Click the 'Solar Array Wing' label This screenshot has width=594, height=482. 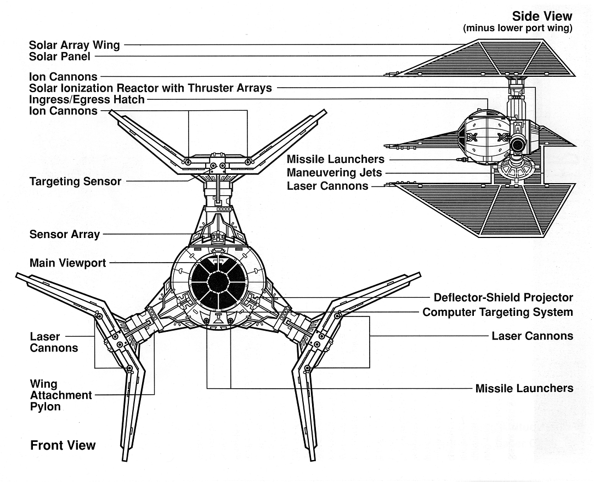point(74,45)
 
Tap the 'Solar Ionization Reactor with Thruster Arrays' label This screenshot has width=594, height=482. point(150,88)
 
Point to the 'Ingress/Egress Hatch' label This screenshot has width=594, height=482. point(87,100)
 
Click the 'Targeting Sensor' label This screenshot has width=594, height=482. point(75,181)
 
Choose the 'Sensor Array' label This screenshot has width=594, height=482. point(64,235)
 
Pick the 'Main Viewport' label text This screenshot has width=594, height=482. point(67,263)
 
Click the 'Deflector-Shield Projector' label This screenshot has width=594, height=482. point(503,298)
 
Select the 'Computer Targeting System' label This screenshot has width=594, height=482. point(497,312)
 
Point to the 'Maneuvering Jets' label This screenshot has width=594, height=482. point(334,173)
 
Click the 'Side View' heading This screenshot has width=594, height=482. point(541,16)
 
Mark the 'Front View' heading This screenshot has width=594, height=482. point(63,445)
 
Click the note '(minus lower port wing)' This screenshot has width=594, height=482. point(517,29)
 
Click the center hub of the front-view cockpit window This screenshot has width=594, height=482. point(218,282)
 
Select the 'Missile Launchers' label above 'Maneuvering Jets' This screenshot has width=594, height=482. point(335,160)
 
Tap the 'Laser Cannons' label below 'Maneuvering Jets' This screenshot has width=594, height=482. point(327,186)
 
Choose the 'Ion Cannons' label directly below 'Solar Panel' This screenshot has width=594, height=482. point(63,77)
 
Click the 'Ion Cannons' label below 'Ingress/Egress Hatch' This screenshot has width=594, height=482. point(63,111)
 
